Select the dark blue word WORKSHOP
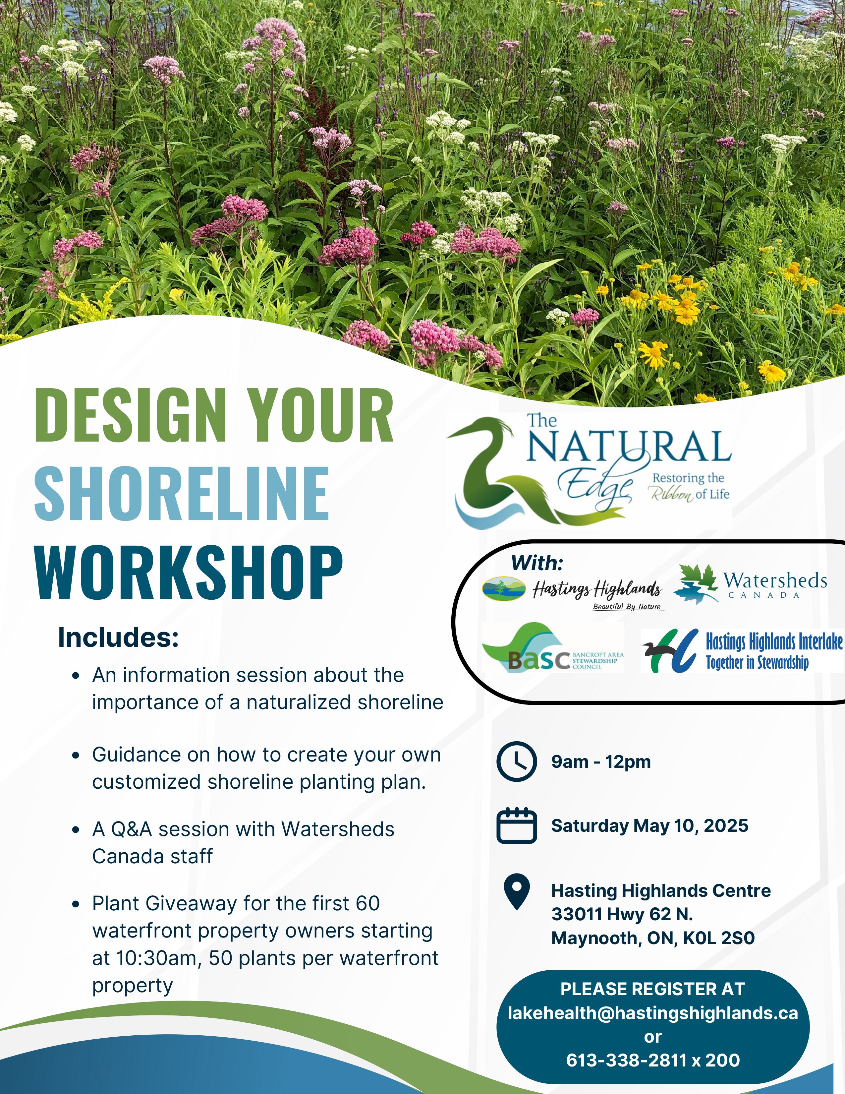[x=188, y=572]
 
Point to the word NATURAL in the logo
[x=629, y=446]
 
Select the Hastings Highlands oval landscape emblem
[x=504, y=588]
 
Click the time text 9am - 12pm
[x=601, y=762]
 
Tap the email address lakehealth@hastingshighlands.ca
[x=653, y=1013]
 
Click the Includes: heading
[x=118, y=638]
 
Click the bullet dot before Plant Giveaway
[x=76, y=905]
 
